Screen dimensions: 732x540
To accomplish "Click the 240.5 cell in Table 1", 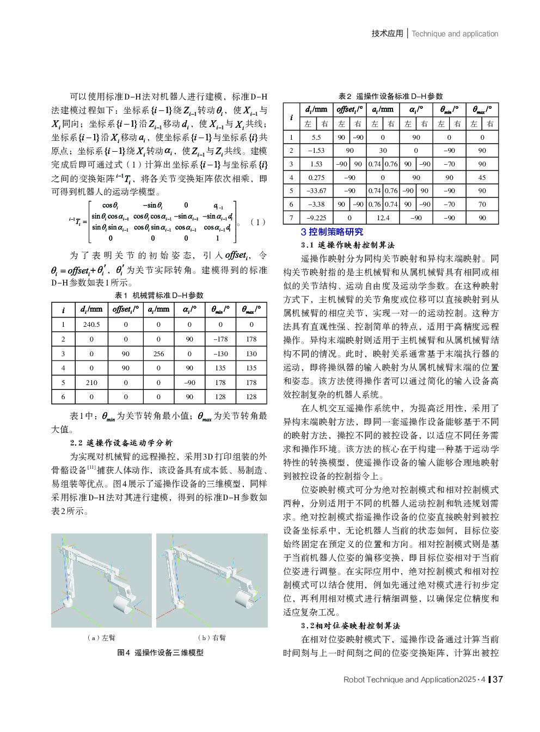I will click(x=91, y=324).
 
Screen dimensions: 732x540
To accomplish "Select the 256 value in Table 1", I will click(x=158, y=353).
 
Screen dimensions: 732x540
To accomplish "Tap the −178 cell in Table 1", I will click(x=220, y=339).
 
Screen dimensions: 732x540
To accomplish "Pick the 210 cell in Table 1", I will click(x=91, y=382).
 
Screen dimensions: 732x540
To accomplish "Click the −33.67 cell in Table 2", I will click(x=316, y=191).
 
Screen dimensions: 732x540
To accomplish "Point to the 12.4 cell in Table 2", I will click(x=383, y=218).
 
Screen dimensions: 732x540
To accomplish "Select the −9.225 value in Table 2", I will click(x=316, y=218).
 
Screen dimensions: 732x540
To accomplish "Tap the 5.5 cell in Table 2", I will click(x=316, y=138).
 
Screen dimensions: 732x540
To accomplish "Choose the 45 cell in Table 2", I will click(x=482, y=177).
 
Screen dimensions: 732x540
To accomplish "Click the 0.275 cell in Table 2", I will click(x=316, y=177).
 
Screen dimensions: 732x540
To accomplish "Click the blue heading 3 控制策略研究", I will click(x=332, y=232).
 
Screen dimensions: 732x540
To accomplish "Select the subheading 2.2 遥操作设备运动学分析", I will click(x=121, y=443).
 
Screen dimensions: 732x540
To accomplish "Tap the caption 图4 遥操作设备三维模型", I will click(x=160, y=652).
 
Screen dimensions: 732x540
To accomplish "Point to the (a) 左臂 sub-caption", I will click(x=101, y=637).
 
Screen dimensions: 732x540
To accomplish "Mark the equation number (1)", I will click(x=257, y=222).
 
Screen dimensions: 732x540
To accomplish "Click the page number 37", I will click(x=498, y=679).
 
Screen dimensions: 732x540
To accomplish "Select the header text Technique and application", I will click(x=455, y=34).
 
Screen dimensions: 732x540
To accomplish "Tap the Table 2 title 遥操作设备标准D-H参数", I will click(x=390, y=96).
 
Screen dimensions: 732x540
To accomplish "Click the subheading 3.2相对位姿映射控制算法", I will click(x=350, y=625).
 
